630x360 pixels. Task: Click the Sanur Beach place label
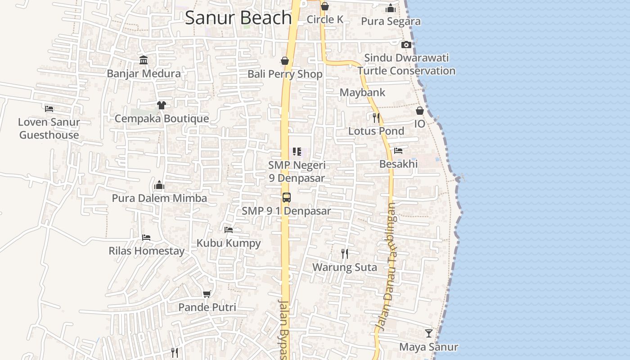tap(238, 18)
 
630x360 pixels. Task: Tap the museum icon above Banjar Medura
tap(144, 60)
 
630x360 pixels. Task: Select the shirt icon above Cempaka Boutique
tap(162, 105)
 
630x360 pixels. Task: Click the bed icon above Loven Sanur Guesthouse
tap(49, 108)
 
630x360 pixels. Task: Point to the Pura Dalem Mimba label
tap(159, 198)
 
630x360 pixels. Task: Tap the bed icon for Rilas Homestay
tap(146, 237)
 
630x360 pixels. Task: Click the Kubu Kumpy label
tap(229, 243)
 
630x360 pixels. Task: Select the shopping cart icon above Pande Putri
tap(207, 294)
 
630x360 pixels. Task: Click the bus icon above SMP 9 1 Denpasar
tap(286, 197)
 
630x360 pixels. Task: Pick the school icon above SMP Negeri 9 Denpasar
tap(297, 152)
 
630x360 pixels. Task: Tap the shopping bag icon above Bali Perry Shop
tap(285, 61)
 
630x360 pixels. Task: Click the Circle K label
tap(325, 19)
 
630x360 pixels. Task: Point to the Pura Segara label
tap(391, 21)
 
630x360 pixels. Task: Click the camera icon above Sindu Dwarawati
tap(406, 45)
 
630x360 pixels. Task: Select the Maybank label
tap(362, 93)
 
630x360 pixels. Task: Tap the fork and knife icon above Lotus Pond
tap(376, 118)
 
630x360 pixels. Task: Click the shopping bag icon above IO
tap(419, 111)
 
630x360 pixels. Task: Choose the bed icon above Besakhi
tap(398, 151)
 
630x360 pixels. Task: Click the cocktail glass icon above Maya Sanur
tap(429, 333)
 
